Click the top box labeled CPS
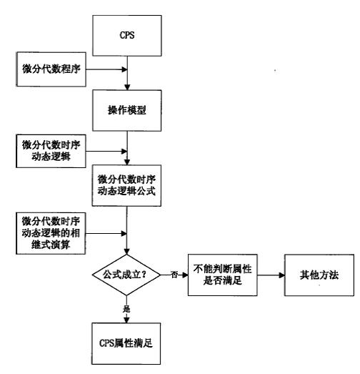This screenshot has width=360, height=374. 127,36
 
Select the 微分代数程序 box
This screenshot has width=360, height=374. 51,69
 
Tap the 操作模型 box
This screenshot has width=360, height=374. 127,110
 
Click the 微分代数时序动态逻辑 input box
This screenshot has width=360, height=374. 51,151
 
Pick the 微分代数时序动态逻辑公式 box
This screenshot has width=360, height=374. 126,185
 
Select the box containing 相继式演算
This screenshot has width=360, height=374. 51,233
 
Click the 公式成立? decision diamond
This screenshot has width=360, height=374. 126,275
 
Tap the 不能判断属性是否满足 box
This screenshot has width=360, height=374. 223,275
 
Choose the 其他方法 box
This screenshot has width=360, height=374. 319,275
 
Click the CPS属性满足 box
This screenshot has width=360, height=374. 126,343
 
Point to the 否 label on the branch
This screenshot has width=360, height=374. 174,275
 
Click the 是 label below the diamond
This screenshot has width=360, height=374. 126,309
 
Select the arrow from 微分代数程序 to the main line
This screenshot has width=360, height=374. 106,69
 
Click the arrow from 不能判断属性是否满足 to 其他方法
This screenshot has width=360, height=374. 271,275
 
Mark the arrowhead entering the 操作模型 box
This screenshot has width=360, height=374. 127,87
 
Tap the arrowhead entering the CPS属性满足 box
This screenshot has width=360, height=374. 126,320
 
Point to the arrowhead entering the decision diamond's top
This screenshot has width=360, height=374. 126,252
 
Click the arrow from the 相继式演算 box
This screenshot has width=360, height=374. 106,234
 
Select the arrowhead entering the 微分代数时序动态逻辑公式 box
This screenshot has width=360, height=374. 127,162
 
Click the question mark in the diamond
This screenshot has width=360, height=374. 144,275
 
